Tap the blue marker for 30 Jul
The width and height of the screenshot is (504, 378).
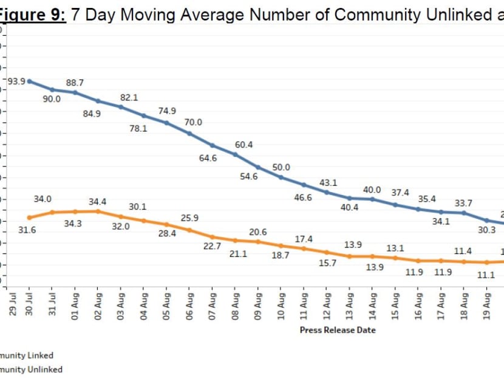(x=29, y=81)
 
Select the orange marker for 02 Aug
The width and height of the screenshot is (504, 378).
(x=98, y=211)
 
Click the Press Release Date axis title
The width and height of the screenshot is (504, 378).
(x=338, y=330)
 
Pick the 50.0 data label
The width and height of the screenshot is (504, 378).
(x=281, y=167)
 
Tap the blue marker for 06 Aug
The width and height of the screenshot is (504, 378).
(x=189, y=133)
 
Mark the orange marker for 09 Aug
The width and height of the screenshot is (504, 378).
(x=258, y=241)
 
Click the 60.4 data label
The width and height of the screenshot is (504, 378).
(x=243, y=145)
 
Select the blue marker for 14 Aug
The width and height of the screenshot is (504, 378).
(x=373, y=199)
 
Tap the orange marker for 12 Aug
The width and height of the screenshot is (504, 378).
(x=327, y=252)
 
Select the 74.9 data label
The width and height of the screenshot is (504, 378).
(x=166, y=111)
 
